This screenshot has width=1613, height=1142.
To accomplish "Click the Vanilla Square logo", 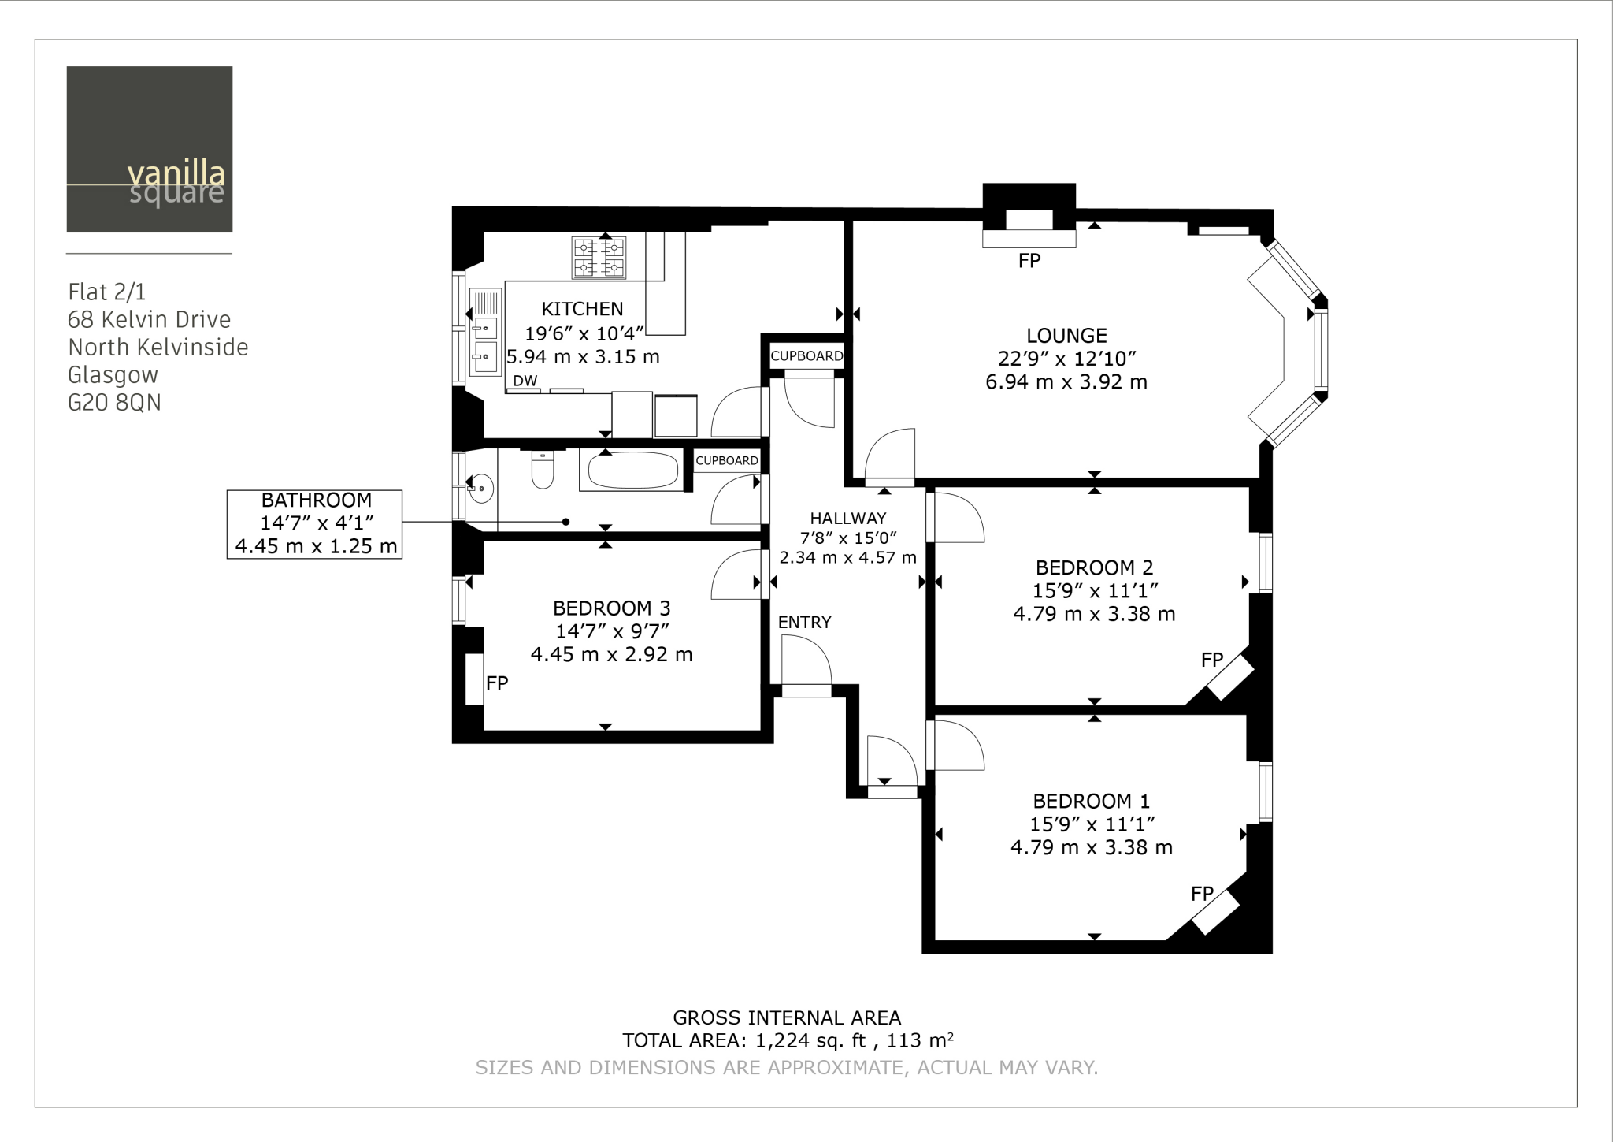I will (x=150, y=149).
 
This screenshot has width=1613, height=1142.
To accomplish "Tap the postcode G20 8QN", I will (x=114, y=403).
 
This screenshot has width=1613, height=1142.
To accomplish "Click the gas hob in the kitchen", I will (x=599, y=258).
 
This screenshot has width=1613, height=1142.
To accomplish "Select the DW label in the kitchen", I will (x=525, y=381).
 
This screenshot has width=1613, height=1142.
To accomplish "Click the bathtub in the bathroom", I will (x=633, y=471).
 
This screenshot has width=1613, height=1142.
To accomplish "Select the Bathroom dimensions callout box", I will (x=315, y=524).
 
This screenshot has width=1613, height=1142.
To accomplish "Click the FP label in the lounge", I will (x=1029, y=261).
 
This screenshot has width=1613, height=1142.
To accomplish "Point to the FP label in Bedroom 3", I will (x=497, y=683).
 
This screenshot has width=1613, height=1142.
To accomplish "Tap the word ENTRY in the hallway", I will (x=804, y=623).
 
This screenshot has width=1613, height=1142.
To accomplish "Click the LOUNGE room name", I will (x=1066, y=335).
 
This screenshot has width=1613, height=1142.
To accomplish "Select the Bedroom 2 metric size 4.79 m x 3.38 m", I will (x=1094, y=614).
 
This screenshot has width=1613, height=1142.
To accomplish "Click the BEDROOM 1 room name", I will (x=1091, y=802).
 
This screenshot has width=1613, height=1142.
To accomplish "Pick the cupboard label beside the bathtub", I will (x=726, y=460).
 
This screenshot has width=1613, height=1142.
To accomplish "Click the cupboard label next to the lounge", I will (x=806, y=355).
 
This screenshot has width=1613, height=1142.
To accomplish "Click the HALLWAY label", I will (x=847, y=519).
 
